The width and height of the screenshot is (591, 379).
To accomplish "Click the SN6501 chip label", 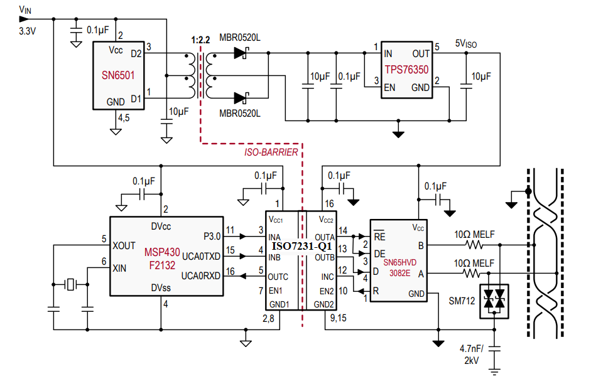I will pyautogui.click(x=118, y=75).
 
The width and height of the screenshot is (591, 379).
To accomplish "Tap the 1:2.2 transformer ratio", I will pyautogui.click(x=200, y=40).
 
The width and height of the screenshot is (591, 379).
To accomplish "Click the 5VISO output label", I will pyautogui.click(x=465, y=44).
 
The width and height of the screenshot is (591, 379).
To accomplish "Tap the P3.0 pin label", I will pyautogui.click(x=212, y=236).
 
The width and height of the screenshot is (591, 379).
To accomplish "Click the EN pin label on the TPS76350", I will pyautogui.click(x=389, y=88).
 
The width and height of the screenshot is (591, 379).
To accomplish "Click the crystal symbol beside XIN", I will pyautogui.click(x=70, y=285).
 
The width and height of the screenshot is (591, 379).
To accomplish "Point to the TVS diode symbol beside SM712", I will pyautogui.click(x=493, y=302).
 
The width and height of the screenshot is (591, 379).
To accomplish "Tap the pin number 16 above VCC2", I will pyautogui.click(x=329, y=204).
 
